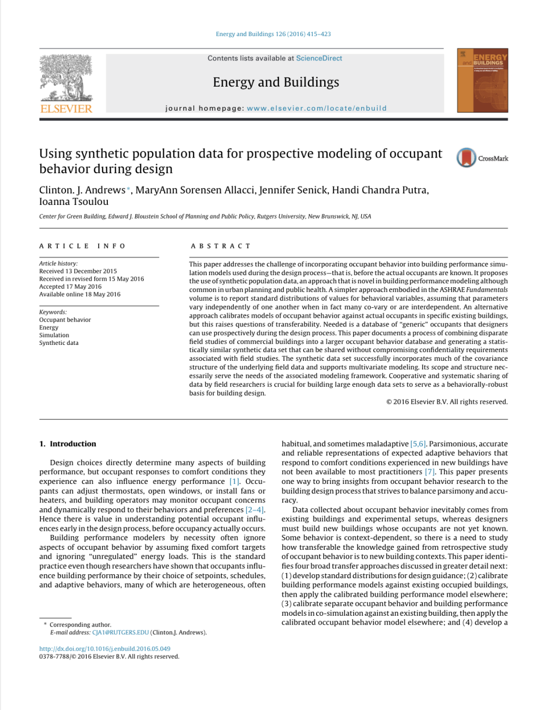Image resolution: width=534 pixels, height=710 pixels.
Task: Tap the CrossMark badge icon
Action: click(466, 158)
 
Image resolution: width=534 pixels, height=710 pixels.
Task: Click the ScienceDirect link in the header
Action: click(319, 58)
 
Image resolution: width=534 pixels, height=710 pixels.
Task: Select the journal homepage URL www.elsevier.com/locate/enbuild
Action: click(317, 108)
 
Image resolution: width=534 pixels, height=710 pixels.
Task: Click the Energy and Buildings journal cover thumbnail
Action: click(482, 80)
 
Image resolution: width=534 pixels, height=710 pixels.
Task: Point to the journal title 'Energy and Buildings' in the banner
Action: click(276, 82)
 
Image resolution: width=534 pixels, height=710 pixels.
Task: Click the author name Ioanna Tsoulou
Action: click(74, 202)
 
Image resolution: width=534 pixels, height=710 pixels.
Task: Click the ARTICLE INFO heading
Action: click(82, 246)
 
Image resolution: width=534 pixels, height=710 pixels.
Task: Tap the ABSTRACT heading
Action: click(221, 246)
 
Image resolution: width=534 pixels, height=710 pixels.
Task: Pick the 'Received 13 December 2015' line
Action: click(78, 271)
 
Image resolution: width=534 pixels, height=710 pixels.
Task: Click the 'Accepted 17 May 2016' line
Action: click(70, 287)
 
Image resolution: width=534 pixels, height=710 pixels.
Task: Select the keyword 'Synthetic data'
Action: click(59, 343)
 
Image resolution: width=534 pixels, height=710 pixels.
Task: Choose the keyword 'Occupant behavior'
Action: click(65, 320)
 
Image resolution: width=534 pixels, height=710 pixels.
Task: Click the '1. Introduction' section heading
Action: click(68, 444)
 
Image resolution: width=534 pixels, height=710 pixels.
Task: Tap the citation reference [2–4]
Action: click(255, 510)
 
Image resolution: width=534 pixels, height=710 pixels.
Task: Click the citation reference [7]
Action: click(430, 472)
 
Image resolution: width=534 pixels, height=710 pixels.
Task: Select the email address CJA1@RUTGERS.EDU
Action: click(120, 633)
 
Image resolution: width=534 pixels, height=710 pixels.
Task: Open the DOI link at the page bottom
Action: click(105, 649)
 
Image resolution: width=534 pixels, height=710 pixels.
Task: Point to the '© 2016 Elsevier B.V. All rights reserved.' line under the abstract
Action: click(447, 402)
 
